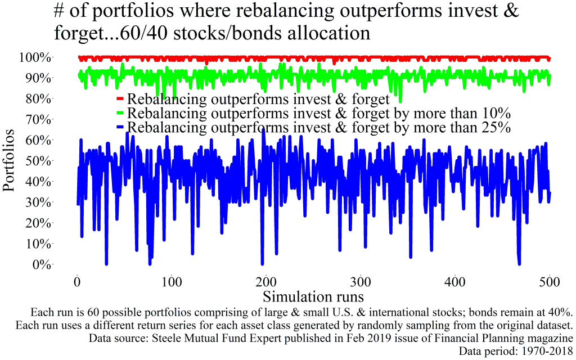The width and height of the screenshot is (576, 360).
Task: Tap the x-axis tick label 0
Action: [x=77, y=281]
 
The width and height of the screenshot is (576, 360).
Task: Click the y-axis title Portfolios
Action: [x=10, y=161]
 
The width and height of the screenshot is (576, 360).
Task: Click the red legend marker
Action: [x=119, y=100]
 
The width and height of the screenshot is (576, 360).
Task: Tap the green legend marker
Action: [x=119, y=114]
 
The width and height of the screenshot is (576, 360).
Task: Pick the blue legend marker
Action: [x=119, y=128]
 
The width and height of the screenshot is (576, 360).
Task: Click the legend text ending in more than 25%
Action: [x=319, y=128]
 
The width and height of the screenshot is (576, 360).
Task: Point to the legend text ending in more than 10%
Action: [x=319, y=114]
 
